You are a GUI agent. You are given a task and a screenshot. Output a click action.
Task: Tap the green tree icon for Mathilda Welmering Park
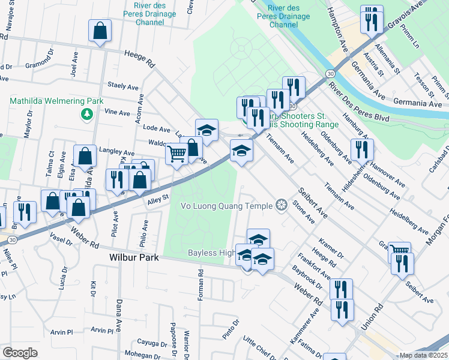point(88,113)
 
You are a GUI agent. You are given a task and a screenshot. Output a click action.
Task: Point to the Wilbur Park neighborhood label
point(133,257)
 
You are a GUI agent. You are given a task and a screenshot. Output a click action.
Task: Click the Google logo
point(20,353)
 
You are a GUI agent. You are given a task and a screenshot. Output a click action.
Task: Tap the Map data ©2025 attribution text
point(423,355)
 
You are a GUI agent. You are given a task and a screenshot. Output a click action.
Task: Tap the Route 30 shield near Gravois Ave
point(330,73)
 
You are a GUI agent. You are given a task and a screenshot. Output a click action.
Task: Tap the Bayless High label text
point(211,253)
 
